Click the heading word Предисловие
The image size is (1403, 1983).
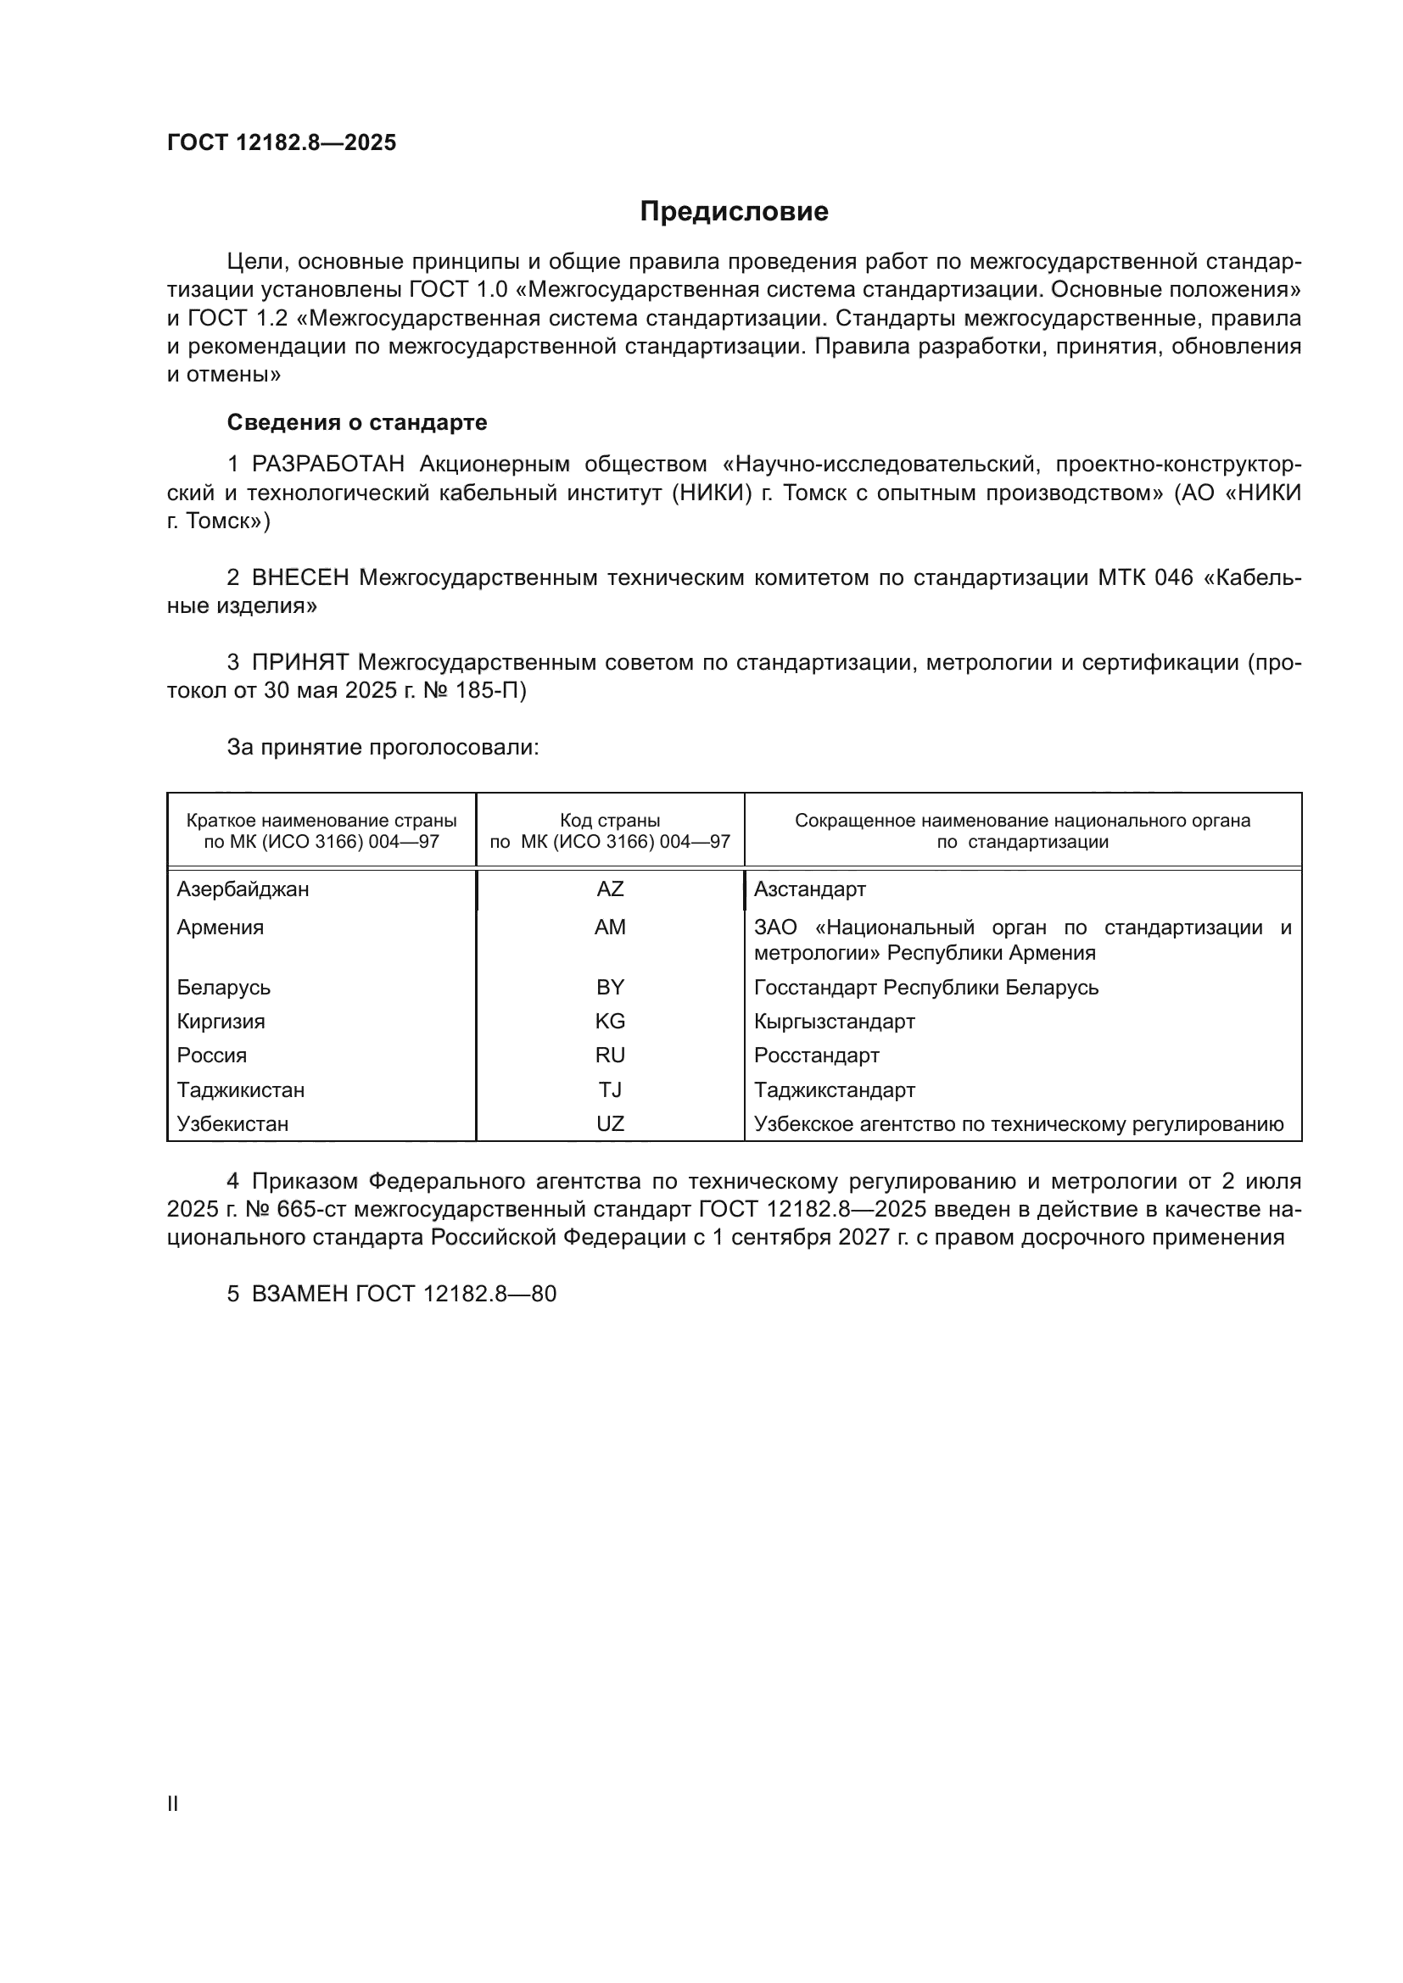pyautogui.click(x=734, y=212)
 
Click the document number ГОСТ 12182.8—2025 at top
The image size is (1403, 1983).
pyautogui.click(x=282, y=142)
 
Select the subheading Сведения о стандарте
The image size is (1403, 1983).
pyautogui.click(x=357, y=422)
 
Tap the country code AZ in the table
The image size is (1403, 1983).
pyautogui.click(x=610, y=888)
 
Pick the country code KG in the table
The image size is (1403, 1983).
pyautogui.click(x=610, y=1021)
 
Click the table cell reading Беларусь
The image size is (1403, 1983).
pyautogui.click(x=224, y=987)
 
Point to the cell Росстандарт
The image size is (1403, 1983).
pyautogui.click(x=816, y=1056)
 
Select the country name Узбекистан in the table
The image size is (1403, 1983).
pyautogui.click(x=232, y=1123)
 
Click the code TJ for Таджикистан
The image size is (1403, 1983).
pyautogui.click(x=610, y=1090)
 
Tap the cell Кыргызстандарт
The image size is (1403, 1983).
pyautogui.click(x=835, y=1021)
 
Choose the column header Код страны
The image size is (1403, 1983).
pyautogui.click(x=610, y=821)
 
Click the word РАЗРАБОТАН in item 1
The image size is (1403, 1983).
pyautogui.click(x=328, y=464)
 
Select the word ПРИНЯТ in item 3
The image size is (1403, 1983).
pyautogui.click(x=299, y=662)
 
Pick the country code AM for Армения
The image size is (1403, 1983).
pyautogui.click(x=610, y=927)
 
